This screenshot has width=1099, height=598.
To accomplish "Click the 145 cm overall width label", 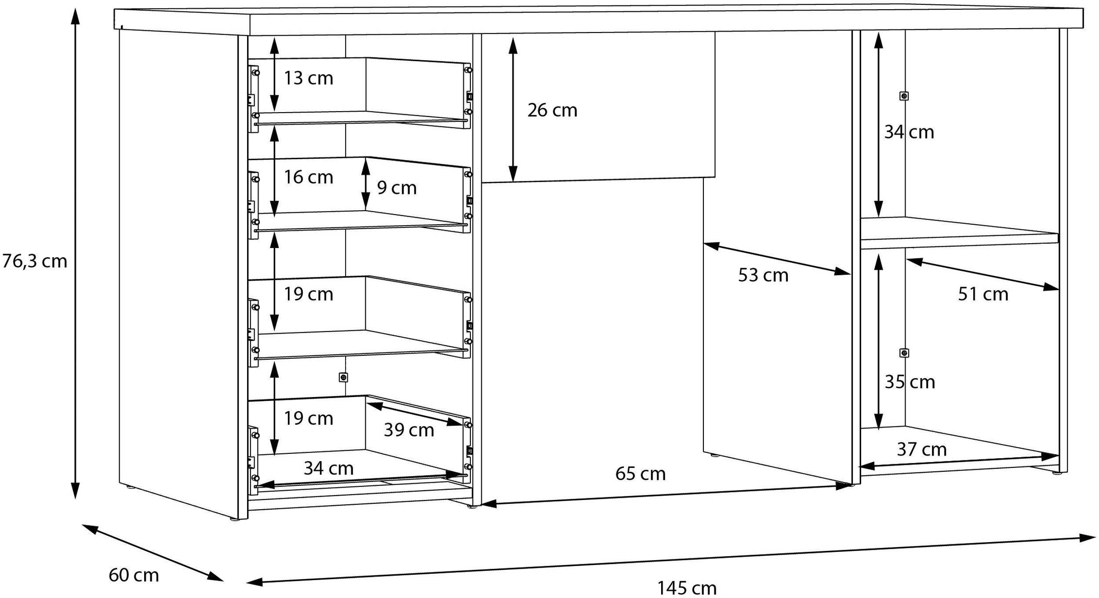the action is (687, 588).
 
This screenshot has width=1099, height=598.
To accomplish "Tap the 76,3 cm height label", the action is (34, 261).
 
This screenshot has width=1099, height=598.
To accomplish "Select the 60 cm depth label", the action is (134, 575).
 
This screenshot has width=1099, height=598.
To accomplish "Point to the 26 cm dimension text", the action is (552, 110).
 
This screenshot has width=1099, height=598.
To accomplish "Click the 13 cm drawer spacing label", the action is (308, 78).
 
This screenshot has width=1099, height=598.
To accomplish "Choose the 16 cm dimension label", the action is (308, 177).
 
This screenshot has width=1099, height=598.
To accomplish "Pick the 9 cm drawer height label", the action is (397, 188).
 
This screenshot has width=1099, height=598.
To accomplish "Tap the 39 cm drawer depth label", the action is (409, 430).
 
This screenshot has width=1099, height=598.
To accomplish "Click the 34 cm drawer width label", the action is (328, 468).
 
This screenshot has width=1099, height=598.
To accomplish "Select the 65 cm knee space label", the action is (640, 474).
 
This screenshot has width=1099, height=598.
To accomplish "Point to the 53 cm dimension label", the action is (763, 275).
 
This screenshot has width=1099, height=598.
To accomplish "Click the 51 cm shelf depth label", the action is (983, 294).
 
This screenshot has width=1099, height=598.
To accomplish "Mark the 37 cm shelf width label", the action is (921, 449).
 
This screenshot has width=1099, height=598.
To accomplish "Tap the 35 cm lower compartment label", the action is (910, 382).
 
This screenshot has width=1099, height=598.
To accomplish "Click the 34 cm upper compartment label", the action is (909, 132).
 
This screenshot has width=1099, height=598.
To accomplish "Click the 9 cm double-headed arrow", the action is (365, 184).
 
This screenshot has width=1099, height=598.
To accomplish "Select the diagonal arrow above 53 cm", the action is (777, 259).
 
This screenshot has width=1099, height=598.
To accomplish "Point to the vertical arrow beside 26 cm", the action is (513, 109).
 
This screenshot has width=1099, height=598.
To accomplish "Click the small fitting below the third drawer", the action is (344, 377).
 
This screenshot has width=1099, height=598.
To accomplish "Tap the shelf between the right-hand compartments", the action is (959, 233).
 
